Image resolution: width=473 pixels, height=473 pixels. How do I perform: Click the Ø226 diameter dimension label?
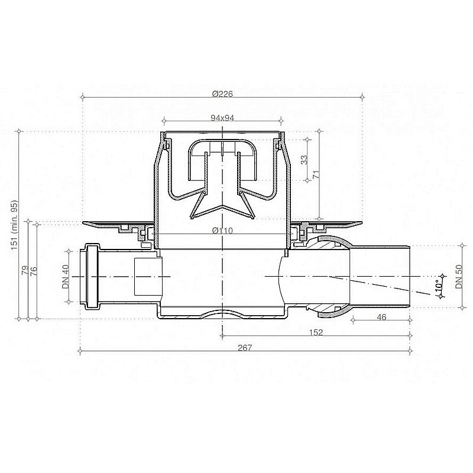coord(221,94)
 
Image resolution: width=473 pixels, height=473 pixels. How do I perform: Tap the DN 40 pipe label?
coord(66,276)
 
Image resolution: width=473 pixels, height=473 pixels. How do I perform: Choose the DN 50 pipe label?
coord(458,276)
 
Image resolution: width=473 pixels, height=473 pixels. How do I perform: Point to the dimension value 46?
coord(381,318)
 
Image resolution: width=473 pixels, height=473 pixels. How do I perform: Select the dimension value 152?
coord(316,333)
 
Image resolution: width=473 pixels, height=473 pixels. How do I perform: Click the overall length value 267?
coord(245,348)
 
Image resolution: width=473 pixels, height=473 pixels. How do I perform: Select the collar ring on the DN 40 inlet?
coord(91,276)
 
